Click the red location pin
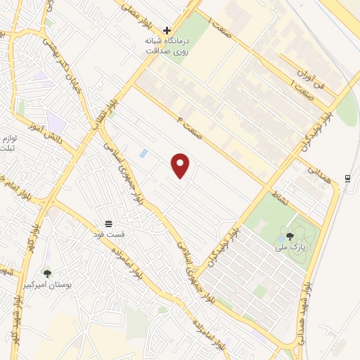click(x=181, y=165)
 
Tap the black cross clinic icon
click(x=167, y=30)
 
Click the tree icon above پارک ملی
click(x=290, y=236)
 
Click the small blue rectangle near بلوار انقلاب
click(x=143, y=153)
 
